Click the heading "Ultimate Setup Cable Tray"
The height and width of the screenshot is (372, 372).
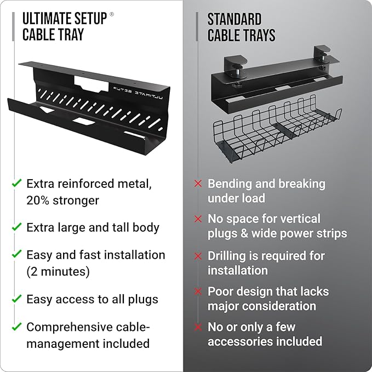(64, 26)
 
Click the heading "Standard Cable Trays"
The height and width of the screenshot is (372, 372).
(241, 27)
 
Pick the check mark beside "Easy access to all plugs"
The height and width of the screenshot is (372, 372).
(17, 299)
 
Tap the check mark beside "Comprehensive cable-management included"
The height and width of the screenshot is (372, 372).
(17, 327)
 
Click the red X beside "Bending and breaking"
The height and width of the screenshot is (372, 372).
(198, 184)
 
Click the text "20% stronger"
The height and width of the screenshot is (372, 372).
(62, 201)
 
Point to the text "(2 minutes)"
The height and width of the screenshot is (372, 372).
(58, 271)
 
